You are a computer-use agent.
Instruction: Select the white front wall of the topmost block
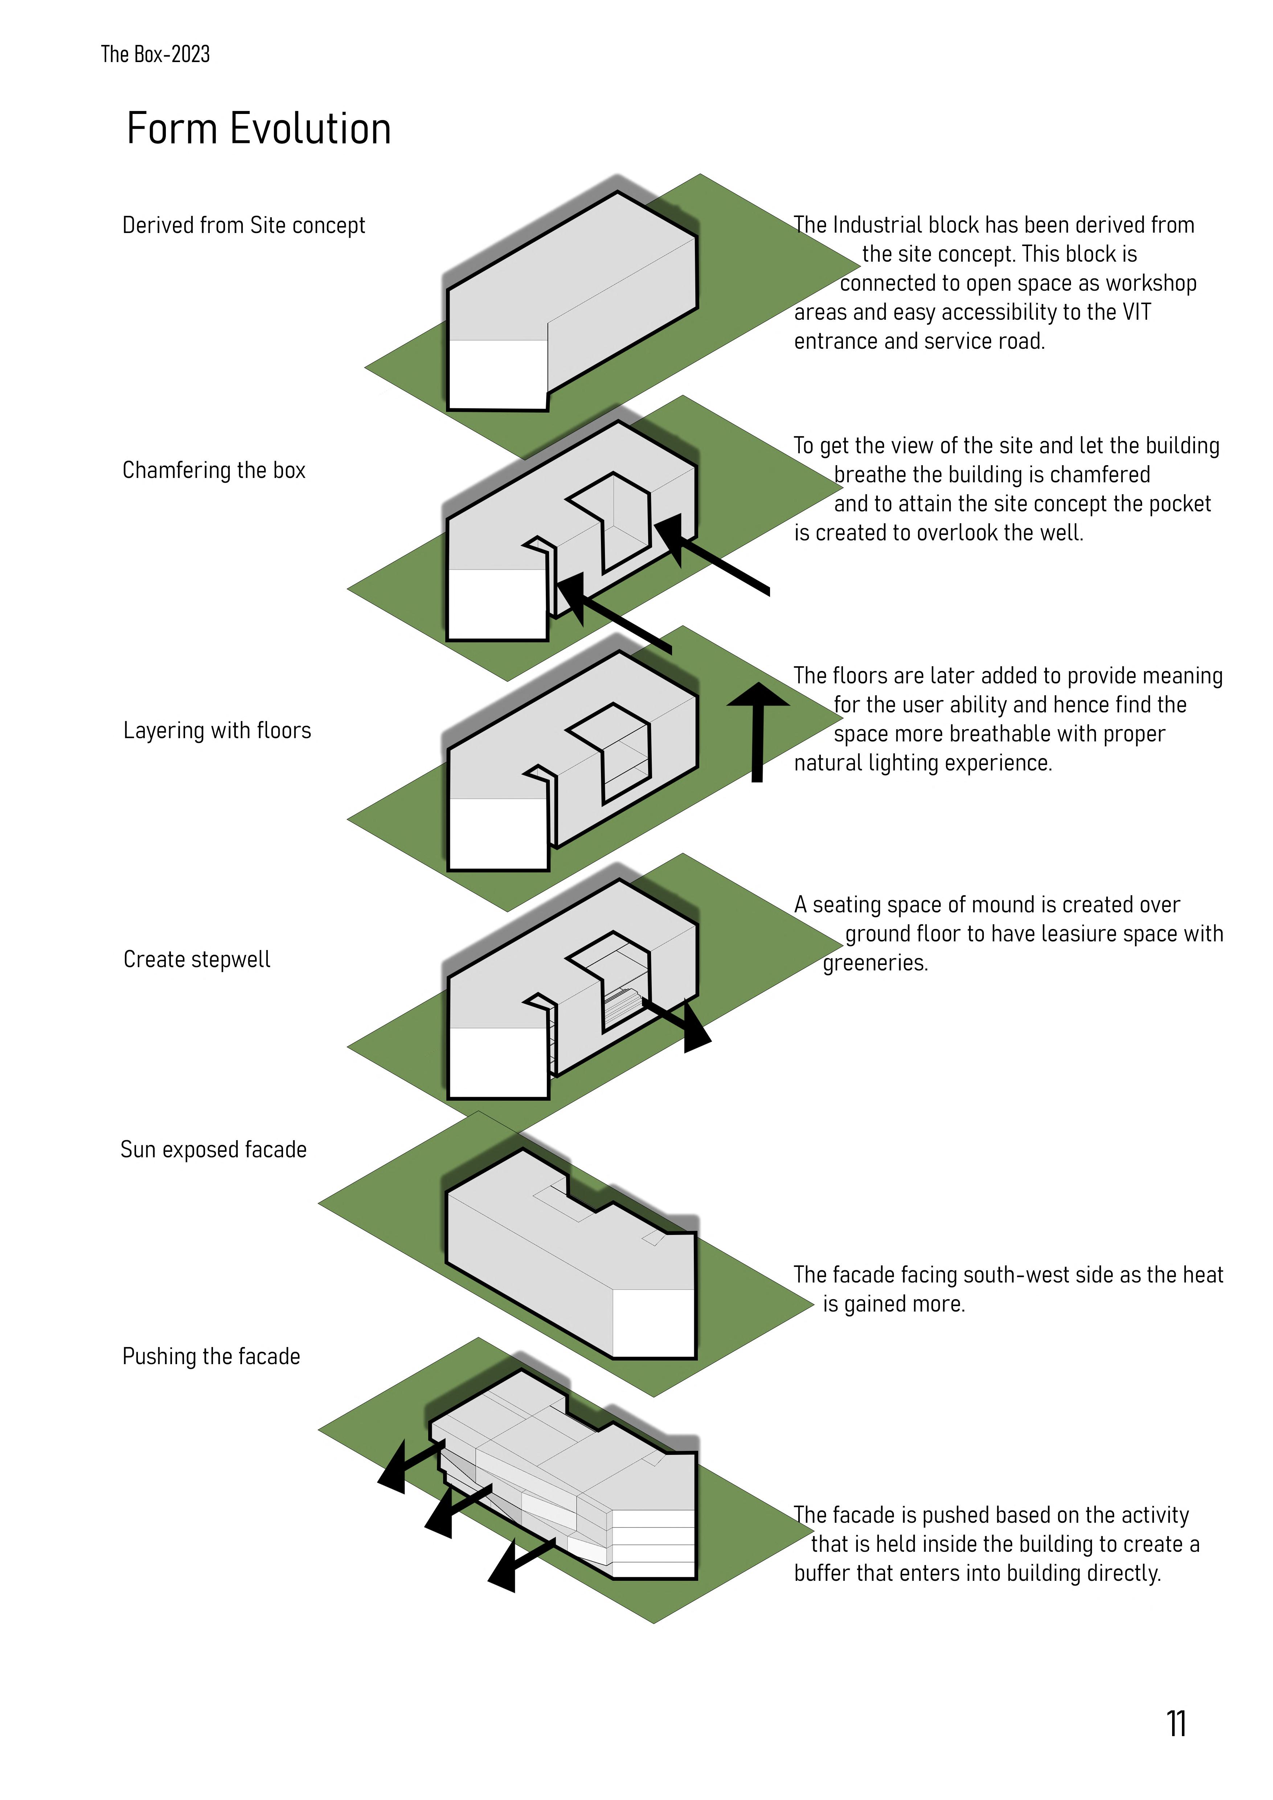(x=498, y=374)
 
